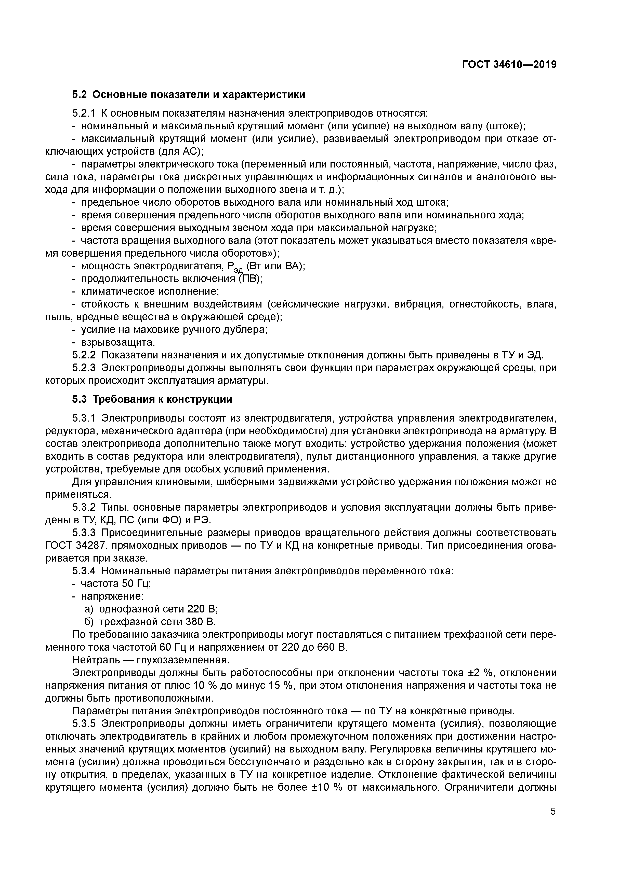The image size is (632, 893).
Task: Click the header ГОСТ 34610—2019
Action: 509,65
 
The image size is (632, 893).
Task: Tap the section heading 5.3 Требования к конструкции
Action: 152,399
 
